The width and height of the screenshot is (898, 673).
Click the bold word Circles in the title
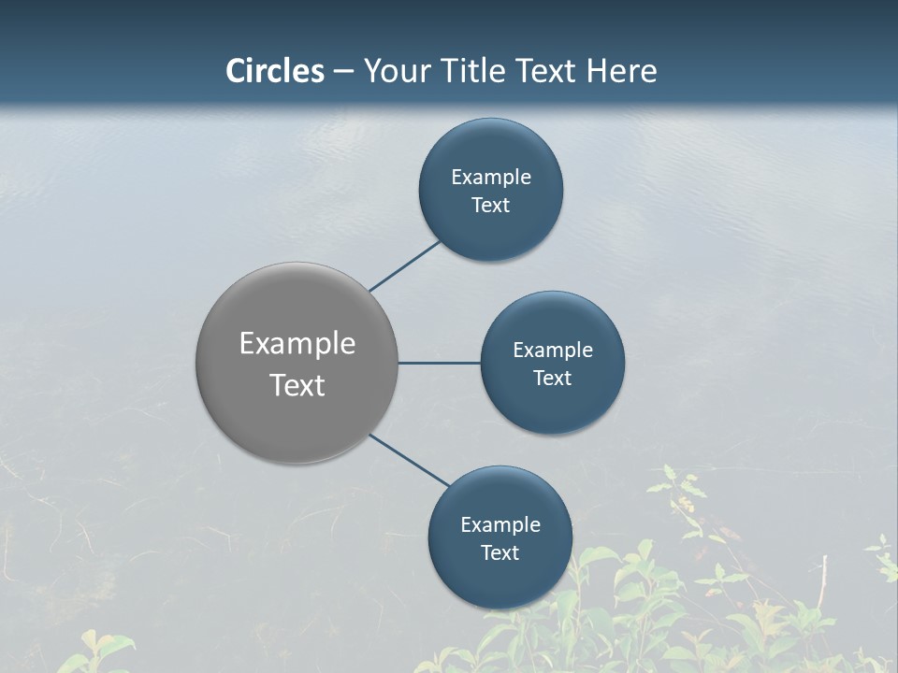click(x=275, y=71)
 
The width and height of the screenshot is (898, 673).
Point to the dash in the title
click(x=343, y=72)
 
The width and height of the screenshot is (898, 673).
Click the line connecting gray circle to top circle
click(x=405, y=265)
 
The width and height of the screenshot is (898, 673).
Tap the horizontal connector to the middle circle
click(x=440, y=363)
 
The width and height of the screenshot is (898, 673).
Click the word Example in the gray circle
click(x=297, y=344)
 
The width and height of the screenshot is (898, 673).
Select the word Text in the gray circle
click(x=297, y=385)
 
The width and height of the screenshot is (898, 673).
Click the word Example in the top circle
click(x=491, y=177)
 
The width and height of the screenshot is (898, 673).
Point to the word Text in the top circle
click(x=491, y=205)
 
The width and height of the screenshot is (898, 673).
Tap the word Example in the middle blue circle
click(x=553, y=350)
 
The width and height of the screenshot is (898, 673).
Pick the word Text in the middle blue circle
click(x=553, y=378)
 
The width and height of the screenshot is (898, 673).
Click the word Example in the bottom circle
click(x=500, y=524)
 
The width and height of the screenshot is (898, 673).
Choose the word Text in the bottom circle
click(x=500, y=552)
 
